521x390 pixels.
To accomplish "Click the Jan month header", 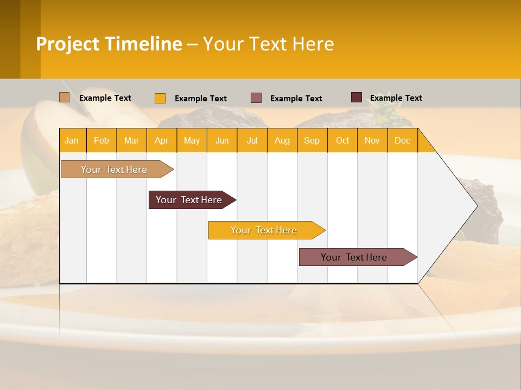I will (72, 140).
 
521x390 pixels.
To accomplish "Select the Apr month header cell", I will (162, 140).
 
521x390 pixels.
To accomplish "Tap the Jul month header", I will (252, 140).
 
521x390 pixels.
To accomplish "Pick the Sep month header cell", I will (312, 140).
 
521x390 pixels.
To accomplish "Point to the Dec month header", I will (402, 140).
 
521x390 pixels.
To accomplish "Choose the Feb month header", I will (101, 140).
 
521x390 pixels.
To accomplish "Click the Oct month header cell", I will (342, 140).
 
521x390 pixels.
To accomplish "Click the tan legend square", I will (65, 97).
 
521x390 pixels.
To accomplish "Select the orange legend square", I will (160, 98).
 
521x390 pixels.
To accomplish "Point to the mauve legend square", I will (256, 98).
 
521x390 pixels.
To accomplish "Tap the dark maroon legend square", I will (357, 97).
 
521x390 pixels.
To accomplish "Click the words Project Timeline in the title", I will (109, 44).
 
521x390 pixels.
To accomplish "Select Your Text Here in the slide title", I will (269, 44).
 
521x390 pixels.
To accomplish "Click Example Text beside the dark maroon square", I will (396, 98).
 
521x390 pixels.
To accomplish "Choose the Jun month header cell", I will (222, 140).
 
